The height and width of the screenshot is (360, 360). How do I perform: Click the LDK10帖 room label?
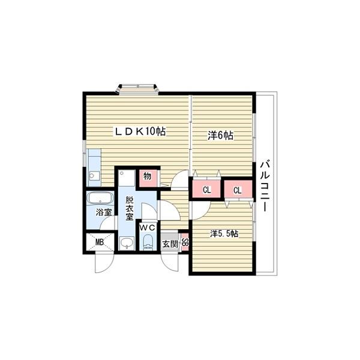(140, 131)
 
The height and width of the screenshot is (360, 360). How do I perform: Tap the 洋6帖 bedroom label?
(220, 136)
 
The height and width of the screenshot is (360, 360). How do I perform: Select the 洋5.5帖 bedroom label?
(224, 234)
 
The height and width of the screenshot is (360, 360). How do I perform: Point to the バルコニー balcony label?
(265, 185)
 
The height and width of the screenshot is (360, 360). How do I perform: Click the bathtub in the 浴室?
(100, 199)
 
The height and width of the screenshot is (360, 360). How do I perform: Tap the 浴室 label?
(104, 212)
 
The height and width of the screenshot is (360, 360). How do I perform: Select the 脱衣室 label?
(130, 208)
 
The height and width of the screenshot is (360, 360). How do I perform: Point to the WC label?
(148, 228)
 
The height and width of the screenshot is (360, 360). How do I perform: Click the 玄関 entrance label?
(170, 244)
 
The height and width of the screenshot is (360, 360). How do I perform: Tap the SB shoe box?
(185, 242)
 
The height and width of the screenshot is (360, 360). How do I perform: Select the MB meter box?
(100, 242)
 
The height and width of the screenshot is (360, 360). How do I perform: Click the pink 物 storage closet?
(148, 178)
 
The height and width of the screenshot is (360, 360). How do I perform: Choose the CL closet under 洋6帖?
(206, 189)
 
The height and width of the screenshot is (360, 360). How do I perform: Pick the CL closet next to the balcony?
(238, 189)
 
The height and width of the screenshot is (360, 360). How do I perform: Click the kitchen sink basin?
(95, 176)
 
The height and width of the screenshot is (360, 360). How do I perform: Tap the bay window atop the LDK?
(137, 89)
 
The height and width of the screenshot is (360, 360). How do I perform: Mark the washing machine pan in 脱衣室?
(127, 178)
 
